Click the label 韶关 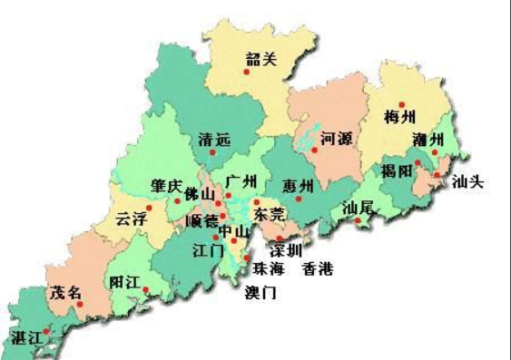(x=260, y=61)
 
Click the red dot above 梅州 (x=400, y=104)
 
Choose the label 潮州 (x=427, y=140)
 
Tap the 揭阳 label (x=397, y=170)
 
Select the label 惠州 (x=298, y=186)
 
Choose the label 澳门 (x=260, y=292)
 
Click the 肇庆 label (x=166, y=185)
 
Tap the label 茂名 (x=65, y=293)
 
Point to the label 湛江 (x=26, y=336)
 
